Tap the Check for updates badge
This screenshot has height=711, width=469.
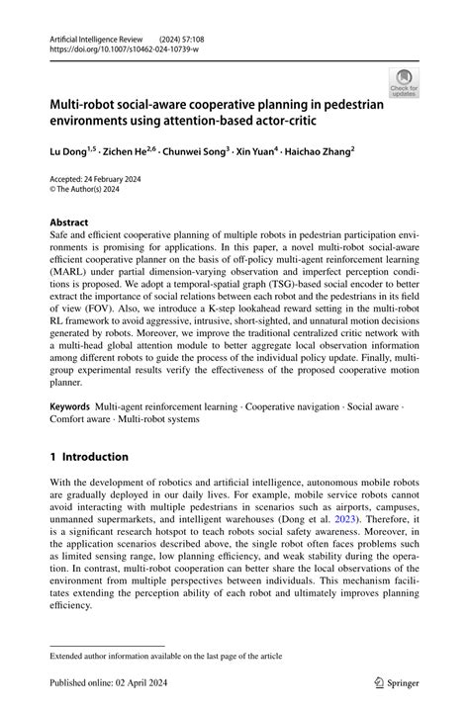[x=403, y=82]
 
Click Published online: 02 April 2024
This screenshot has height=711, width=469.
[x=104, y=681]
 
